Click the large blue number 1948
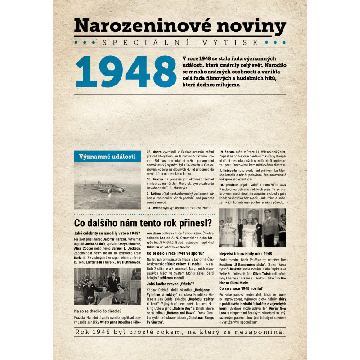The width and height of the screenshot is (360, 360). (126, 72)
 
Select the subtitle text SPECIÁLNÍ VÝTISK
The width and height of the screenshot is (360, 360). (180, 43)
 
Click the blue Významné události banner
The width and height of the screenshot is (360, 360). (107, 157)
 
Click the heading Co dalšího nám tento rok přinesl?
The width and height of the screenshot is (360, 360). (143, 223)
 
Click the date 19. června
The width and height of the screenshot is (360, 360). (228, 153)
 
